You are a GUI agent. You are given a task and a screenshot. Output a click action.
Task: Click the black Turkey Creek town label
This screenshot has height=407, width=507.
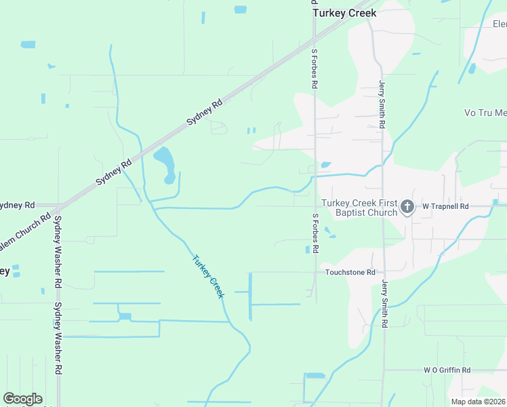click(344, 13)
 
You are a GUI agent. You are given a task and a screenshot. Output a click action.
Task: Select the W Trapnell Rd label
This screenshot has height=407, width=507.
click(445, 206)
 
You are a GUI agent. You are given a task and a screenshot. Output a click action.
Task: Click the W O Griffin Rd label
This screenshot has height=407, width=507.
click(447, 370)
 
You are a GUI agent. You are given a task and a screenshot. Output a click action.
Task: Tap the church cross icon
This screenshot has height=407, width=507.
click(407, 206)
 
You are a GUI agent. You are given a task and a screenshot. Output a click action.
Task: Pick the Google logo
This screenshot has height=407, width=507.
click(22, 399)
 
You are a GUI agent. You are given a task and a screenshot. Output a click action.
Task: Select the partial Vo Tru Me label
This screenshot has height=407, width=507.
click(485, 113)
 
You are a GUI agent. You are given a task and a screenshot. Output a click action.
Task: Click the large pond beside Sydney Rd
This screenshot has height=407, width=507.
click(165, 163)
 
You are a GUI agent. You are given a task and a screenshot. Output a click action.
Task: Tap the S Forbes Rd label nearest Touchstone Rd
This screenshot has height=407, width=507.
click(315, 233)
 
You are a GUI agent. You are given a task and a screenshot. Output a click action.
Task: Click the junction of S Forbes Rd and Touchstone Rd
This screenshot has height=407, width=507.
click(315, 272)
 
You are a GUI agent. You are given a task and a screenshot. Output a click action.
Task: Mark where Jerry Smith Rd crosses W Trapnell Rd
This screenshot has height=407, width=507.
click(383, 206)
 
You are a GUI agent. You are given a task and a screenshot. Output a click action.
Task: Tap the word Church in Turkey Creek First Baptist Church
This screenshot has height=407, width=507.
click(382, 213)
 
